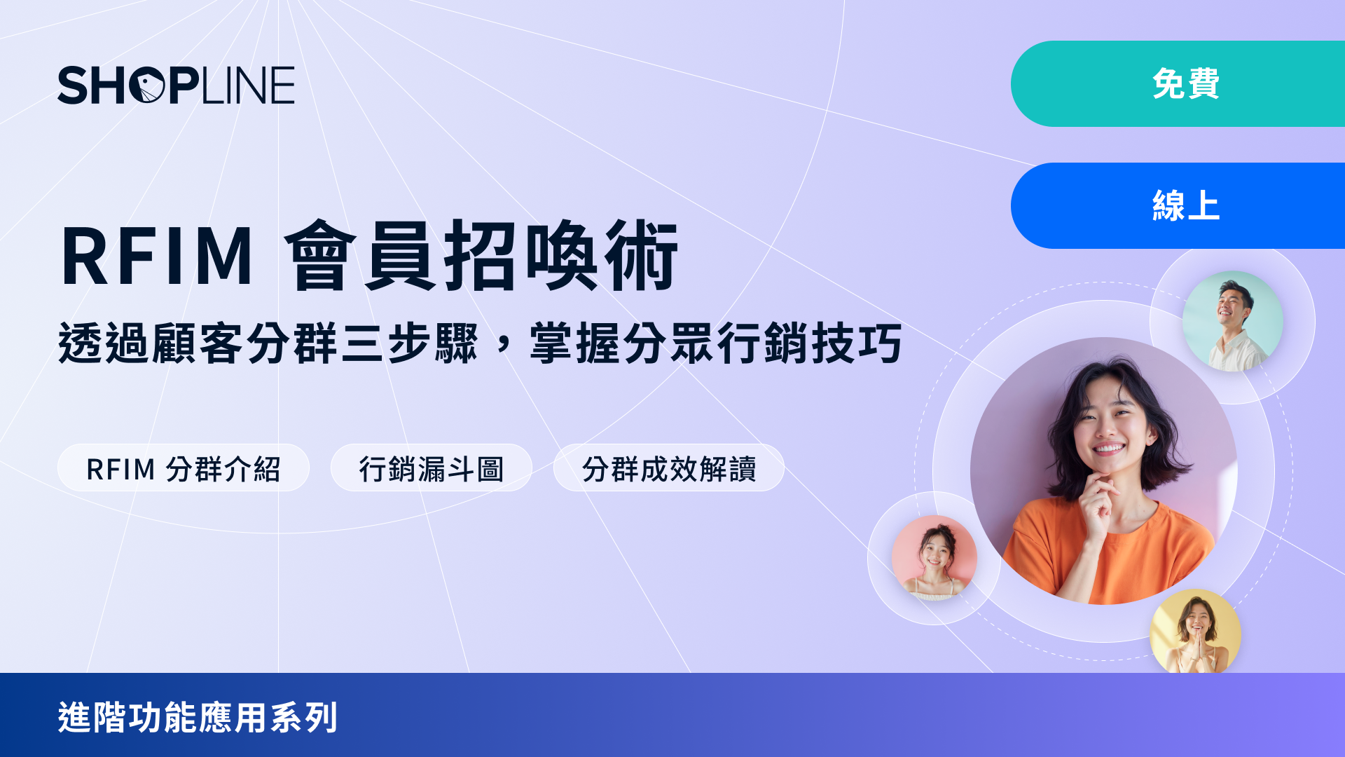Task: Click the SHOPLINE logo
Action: coord(176,86)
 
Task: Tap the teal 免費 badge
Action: coord(1178,83)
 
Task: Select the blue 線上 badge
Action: coord(1178,205)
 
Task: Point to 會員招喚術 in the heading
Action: coord(481,255)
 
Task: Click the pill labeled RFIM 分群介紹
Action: coord(184,468)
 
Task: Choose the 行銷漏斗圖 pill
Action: coord(432,468)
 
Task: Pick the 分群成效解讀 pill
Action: coord(669,468)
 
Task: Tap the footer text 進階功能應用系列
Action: coord(198,718)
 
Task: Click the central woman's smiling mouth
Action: coord(1109,448)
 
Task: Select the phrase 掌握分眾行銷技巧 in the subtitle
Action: coord(716,343)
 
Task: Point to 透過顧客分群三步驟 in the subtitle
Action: coord(268,343)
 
